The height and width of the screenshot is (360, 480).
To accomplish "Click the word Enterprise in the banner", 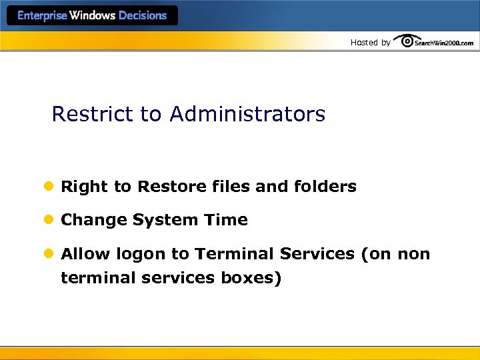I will [42, 15].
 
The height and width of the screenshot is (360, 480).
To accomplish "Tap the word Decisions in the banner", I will [143, 15].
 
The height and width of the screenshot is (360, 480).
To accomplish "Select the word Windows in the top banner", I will [93, 15].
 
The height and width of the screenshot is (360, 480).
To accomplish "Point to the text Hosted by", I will [370, 43].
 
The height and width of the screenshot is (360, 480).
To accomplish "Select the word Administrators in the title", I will [247, 114].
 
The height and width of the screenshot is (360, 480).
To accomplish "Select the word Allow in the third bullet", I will [86, 254].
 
